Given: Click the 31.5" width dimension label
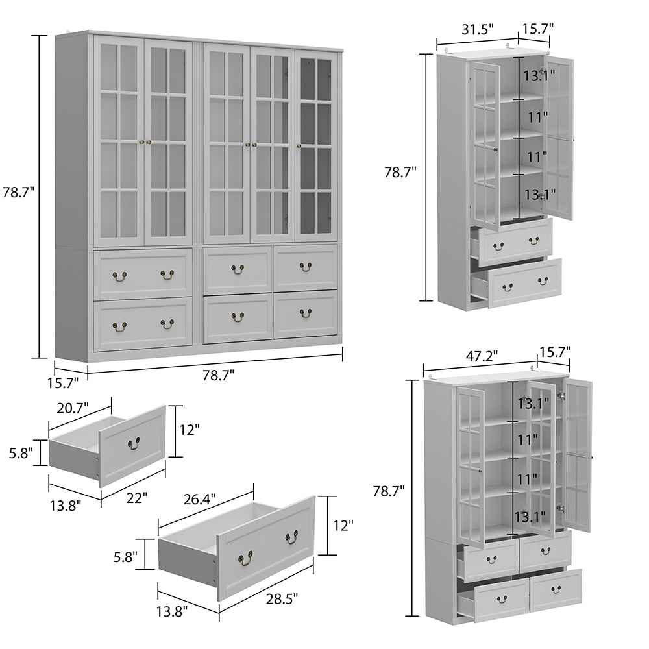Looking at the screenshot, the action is [x=478, y=30].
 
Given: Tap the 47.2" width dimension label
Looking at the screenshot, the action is [x=482, y=356].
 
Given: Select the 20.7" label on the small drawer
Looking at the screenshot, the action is [x=73, y=408].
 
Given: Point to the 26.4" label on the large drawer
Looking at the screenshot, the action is [x=199, y=500].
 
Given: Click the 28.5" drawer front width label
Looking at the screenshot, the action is [x=282, y=598].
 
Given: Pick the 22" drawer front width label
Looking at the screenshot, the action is [x=137, y=498].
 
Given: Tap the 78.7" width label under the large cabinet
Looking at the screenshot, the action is [x=219, y=375].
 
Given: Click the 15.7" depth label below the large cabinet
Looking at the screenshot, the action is [x=62, y=384].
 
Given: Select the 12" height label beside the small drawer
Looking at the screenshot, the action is [x=190, y=430].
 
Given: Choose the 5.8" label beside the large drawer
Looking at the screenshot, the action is [x=125, y=557].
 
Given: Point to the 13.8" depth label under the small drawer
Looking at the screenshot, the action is [x=66, y=506].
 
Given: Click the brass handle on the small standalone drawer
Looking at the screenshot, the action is [x=134, y=444].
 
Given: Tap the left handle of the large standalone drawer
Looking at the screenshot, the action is [x=245, y=558].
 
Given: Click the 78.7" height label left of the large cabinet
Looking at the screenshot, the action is [x=18, y=193].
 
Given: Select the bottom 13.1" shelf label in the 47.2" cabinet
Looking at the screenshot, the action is [x=530, y=517].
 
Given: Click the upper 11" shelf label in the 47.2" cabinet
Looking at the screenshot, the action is [x=528, y=439].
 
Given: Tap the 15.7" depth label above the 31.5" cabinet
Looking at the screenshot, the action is [x=537, y=29].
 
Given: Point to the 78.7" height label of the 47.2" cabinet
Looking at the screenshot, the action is [x=389, y=491].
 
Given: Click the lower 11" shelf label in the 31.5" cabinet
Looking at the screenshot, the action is [x=537, y=157].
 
